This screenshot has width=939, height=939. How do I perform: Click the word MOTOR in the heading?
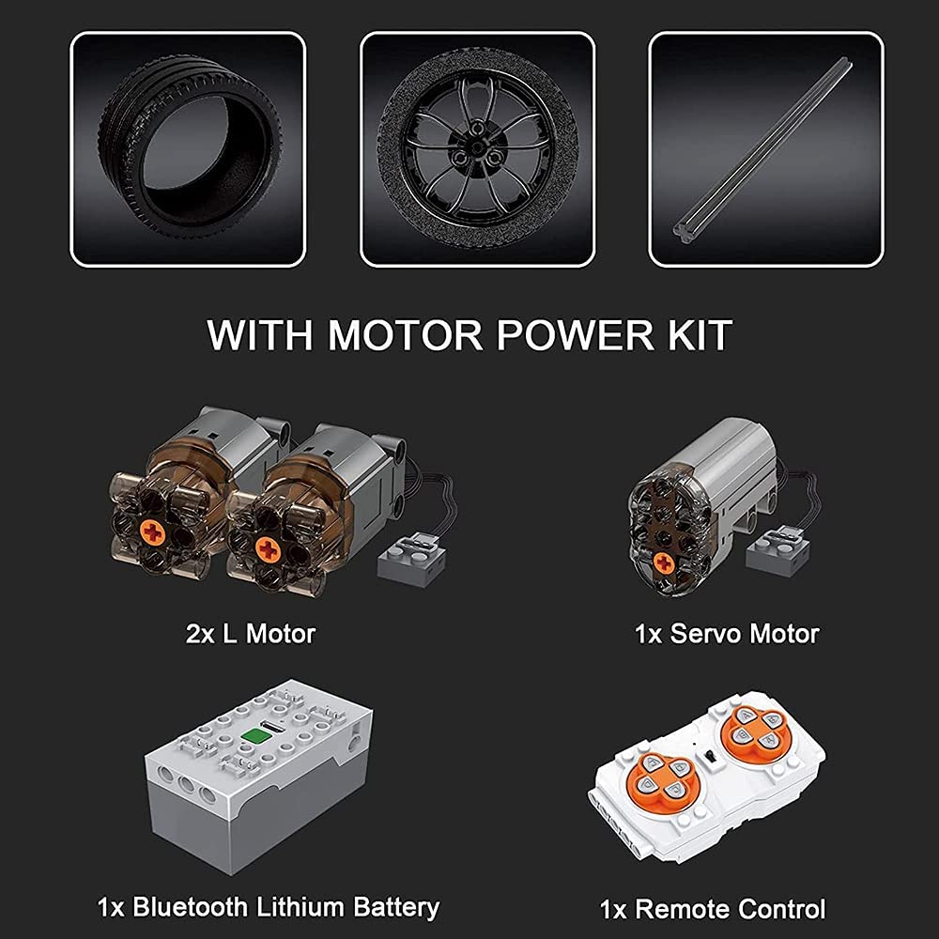405,335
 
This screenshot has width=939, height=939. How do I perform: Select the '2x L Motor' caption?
251,634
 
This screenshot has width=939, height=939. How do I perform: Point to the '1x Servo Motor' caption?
727,634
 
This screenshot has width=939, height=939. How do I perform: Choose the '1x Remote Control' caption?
713,909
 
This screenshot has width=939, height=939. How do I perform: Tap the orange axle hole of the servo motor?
664,562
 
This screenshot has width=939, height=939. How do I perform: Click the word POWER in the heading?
575,335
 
